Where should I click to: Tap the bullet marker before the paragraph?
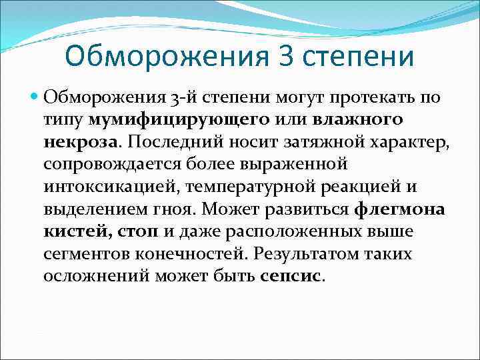[35, 98]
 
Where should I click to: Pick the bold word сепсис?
[289, 275]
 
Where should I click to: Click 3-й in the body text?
[181, 98]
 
